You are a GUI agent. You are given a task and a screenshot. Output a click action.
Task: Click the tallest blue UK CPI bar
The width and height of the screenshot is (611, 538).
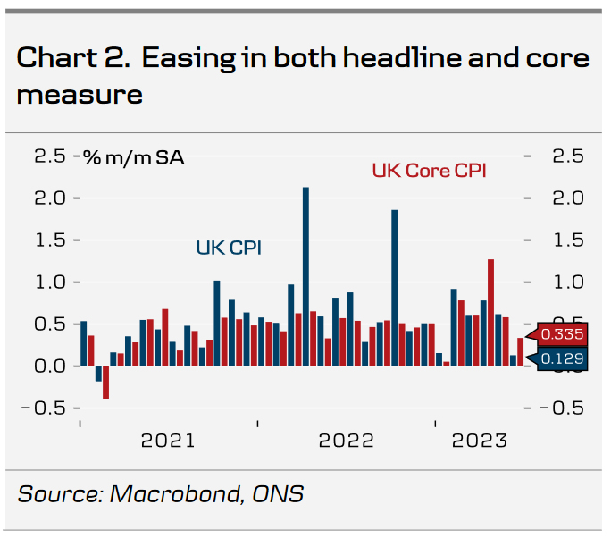click(305, 276)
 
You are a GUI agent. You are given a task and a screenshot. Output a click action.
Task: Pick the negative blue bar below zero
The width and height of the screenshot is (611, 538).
click(98, 374)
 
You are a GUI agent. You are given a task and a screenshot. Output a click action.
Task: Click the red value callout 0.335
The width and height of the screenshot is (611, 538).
click(560, 334)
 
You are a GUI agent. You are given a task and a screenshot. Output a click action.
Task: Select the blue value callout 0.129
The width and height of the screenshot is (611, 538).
click(560, 359)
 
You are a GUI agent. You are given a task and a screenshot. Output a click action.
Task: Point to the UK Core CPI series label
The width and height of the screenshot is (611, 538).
click(429, 170)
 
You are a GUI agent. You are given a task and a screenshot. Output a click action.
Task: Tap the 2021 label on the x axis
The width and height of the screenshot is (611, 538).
click(168, 441)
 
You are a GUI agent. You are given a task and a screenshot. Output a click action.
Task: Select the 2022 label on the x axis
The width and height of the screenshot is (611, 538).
click(347, 441)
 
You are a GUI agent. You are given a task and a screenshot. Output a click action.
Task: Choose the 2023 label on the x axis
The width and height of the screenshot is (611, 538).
click(480, 441)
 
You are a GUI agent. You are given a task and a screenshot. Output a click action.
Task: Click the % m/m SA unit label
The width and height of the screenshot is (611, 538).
click(134, 157)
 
